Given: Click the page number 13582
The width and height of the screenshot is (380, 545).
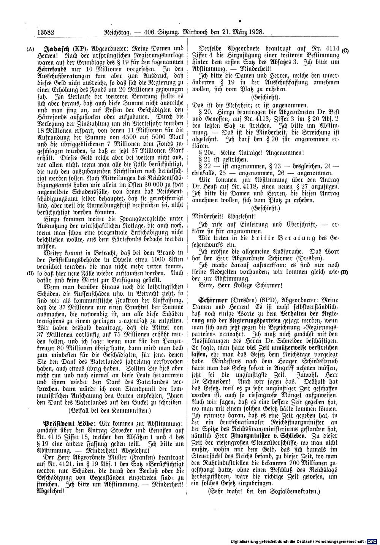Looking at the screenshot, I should click(x=46, y=33).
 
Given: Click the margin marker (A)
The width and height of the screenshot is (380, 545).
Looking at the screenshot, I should click(x=28, y=49).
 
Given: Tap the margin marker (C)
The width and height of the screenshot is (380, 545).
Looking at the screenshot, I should click(x=345, y=51).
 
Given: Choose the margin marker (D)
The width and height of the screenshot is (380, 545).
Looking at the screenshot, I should click(x=344, y=272).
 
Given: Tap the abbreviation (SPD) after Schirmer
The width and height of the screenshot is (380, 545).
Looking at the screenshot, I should click(x=258, y=300).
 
